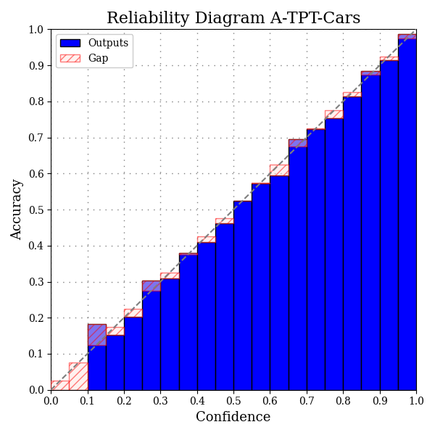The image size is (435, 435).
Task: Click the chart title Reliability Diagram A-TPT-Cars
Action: pos(233,18)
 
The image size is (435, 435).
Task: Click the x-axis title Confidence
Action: pos(233,417)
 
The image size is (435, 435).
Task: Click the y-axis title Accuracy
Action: pos(17,210)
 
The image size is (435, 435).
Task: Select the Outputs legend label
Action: pos(108,43)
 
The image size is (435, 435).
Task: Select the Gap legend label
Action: pos(98,58)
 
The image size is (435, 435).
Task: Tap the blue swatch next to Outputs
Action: pos(70,43)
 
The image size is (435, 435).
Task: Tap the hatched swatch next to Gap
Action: pos(70,58)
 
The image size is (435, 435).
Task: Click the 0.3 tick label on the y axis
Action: pos(36,282)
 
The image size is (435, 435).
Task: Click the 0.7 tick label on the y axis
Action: pos(36,138)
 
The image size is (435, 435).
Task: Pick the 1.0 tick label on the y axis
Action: pos(36,30)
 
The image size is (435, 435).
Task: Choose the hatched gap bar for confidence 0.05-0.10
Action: pos(78,376)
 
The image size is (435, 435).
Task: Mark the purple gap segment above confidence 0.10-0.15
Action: pos(96,335)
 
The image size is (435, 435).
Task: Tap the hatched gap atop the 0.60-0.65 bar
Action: pos(279,170)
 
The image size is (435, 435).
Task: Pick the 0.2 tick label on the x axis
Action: pos(124,399)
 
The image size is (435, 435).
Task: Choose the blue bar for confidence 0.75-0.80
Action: pos(333,254)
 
